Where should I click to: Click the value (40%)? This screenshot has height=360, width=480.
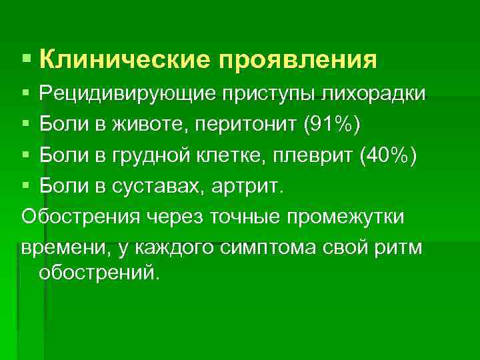387,157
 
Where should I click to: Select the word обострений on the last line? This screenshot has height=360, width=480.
100,273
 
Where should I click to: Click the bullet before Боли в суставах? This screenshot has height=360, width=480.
25,187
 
